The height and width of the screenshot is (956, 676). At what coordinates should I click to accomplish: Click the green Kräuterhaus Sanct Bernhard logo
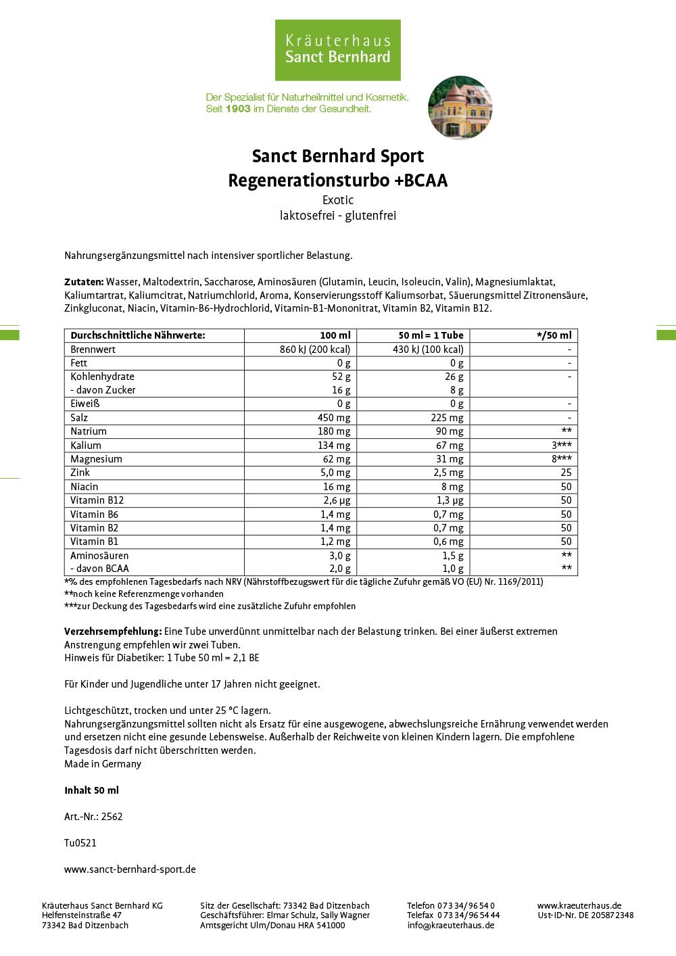[x=337, y=50]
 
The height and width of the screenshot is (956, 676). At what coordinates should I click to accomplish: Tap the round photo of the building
[x=460, y=107]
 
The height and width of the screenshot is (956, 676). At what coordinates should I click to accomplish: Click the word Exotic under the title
[x=338, y=200]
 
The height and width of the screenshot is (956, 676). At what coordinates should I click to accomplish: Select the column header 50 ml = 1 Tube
[x=431, y=335]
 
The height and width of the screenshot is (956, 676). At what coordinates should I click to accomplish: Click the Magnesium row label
[x=96, y=459]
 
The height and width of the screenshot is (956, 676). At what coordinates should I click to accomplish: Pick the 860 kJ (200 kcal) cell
[x=315, y=350]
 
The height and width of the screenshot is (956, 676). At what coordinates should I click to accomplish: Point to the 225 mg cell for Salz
[x=447, y=418]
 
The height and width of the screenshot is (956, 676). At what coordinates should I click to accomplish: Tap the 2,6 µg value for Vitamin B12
[x=337, y=500]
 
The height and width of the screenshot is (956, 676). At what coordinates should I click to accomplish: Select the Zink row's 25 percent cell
[x=566, y=473]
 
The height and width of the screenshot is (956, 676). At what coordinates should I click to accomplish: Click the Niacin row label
[x=84, y=487]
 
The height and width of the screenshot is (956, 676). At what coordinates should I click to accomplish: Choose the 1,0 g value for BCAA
[x=452, y=569]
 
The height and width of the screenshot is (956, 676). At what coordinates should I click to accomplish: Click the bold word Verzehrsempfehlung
[x=113, y=631]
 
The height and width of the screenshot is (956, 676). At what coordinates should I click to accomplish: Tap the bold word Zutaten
[x=84, y=282]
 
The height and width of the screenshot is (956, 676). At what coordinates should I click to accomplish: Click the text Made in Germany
[x=103, y=764]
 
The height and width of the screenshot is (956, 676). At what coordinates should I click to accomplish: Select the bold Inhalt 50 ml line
[x=91, y=790]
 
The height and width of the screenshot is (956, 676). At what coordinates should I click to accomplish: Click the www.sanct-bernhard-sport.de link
[x=130, y=869]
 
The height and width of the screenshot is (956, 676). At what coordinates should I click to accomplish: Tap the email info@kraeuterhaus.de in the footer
[x=450, y=926]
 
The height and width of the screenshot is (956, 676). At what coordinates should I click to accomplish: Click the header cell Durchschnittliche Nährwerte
[x=137, y=335]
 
